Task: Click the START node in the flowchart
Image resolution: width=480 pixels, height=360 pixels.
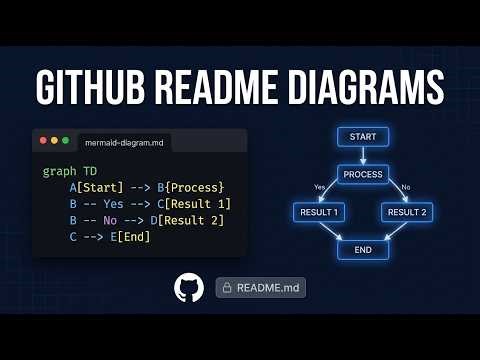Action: tap(363, 137)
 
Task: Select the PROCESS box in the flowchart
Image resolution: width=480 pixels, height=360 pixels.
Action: tap(363, 174)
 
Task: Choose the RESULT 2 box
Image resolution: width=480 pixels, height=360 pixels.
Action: tap(407, 212)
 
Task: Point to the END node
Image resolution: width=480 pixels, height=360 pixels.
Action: tap(363, 250)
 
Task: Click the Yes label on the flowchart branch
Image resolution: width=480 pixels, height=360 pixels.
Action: tap(320, 187)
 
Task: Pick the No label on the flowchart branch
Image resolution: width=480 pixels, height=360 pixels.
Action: tap(405, 187)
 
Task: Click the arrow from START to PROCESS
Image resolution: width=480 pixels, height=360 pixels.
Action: tap(363, 155)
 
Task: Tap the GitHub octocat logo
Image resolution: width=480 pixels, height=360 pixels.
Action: tap(188, 288)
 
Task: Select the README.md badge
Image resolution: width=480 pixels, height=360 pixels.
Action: tap(261, 288)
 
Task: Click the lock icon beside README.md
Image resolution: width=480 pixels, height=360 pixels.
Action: tap(227, 288)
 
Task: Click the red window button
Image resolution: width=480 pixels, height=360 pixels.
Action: tap(43, 141)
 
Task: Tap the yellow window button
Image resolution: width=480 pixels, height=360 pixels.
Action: tap(54, 141)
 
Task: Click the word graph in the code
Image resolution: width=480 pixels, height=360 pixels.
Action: tap(58, 172)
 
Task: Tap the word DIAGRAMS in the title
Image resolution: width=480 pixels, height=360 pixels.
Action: tap(349, 87)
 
